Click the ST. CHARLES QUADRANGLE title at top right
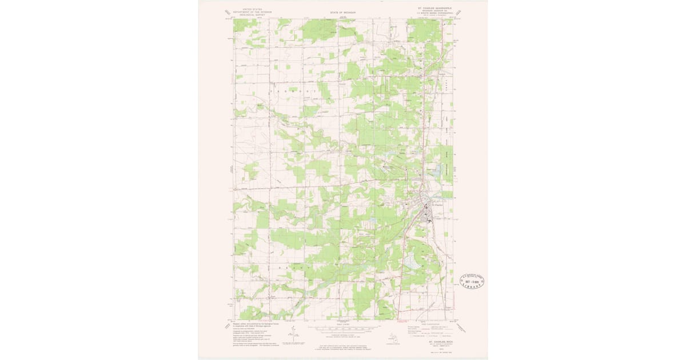(x=438, y=9)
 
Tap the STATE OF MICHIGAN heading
(x=342, y=12)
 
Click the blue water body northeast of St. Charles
(x=438, y=171)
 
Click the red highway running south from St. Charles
(x=405, y=269)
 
